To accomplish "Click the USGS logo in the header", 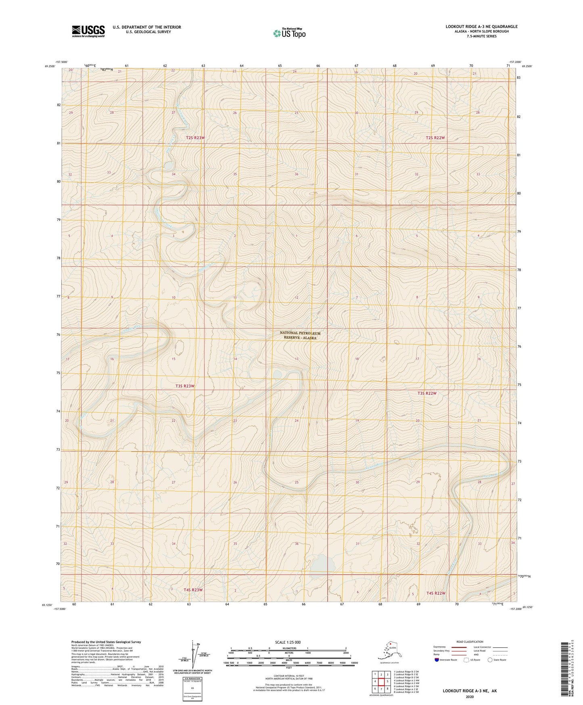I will tap(88, 31).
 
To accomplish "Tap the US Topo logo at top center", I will tap(289, 33).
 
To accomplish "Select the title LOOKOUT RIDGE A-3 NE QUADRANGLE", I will tap(481, 27).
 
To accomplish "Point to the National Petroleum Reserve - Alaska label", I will tap(300, 335).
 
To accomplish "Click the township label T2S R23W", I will tap(196, 138).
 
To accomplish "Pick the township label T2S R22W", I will tap(435, 138).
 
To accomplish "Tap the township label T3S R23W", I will tap(185, 386).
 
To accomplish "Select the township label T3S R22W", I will tap(427, 393).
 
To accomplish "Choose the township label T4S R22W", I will tap(436, 593).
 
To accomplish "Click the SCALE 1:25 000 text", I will tap(288, 642).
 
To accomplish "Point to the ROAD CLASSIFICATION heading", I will tap(470, 642).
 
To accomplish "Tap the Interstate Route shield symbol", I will tap(437, 660).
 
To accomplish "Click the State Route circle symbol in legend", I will tap(490, 660).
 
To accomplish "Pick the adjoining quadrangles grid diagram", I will tap(381, 682).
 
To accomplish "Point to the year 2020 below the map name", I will tap(470, 697).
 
